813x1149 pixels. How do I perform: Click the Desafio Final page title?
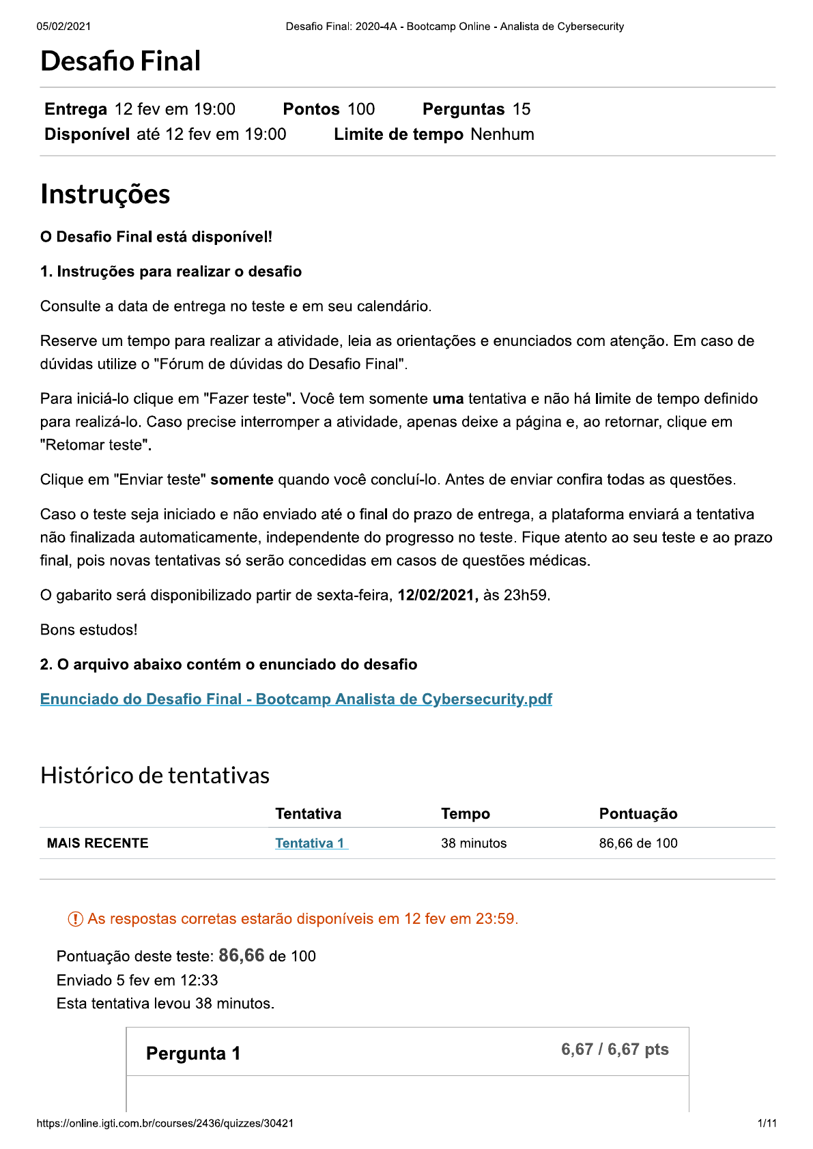coord(120,61)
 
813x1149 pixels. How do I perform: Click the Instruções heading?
coord(105,194)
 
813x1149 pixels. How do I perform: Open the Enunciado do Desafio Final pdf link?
coord(296,699)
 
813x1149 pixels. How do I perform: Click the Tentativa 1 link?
coord(311,843)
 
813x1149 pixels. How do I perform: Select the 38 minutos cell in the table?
coord(474,843)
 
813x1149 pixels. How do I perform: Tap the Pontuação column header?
coord(638,814)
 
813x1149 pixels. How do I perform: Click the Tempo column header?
coord(465,814)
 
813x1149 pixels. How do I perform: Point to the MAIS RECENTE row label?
coord(98,843)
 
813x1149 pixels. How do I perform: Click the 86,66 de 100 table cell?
coord(638,843)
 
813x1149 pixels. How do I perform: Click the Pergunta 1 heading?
coord(193,1053)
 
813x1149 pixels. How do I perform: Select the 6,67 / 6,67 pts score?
coord(614,1049)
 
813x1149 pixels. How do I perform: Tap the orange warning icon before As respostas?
coord(75,920)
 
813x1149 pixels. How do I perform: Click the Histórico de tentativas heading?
coord(155,776)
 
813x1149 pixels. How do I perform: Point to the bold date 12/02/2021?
coord(437,596)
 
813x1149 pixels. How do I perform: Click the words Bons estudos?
coord(89,630)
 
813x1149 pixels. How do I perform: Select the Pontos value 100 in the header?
coord(361,109)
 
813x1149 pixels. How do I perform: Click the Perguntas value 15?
coord(522,109)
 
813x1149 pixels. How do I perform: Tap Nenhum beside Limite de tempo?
coord(502,134)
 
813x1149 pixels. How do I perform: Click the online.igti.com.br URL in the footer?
coord(165,1123)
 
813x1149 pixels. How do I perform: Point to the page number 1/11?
coord(767,1123)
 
